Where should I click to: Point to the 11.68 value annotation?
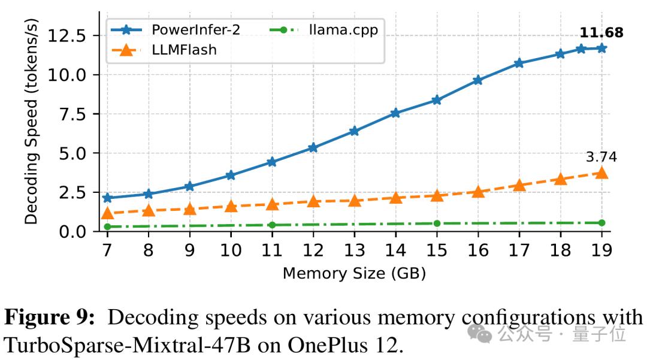[x=601, y=32]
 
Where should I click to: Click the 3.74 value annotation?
[x=601, y=157]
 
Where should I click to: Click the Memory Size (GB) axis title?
[x=354, y=274]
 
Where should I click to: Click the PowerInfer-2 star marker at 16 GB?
[x=477, y=80]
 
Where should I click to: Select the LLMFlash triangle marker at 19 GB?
[x=601, y=173]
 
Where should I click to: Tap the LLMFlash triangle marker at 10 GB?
[x=231, y=207]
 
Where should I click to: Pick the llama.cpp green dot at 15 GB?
[x=437, y=223]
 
